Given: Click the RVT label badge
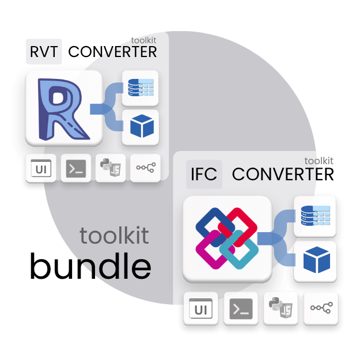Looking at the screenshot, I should [x=44, y=51].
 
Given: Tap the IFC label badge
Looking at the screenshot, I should [x=204, y=174].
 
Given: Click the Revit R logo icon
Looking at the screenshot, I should [x=64, y=108].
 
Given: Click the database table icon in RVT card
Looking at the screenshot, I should [x=141, y=87].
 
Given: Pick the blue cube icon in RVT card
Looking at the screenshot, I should [x=141, y=127].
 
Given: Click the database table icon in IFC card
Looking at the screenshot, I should [x=314, y=215].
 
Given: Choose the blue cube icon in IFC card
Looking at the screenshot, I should [x=314, y=261].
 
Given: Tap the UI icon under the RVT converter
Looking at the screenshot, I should [x=41, y=168].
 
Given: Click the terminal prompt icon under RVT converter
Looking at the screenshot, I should [x=76, y=168].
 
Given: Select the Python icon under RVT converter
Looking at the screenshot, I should [x=111, y=168].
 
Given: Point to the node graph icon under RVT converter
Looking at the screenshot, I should [x=145, y=168].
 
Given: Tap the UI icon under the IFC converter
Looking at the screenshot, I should [x=201, y=309].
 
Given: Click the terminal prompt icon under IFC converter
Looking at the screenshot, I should [x=241, y=309].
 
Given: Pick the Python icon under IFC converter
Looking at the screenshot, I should [x=281, y=309].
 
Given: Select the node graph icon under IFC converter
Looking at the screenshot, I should [x=320, y=309].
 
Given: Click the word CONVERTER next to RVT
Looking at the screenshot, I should [x=112, y=52].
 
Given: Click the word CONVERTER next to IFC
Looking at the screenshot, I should [x=283, y=174].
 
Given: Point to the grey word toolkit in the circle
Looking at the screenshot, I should [x=114, y=236].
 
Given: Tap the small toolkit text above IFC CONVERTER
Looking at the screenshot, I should [x=319, y=161].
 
